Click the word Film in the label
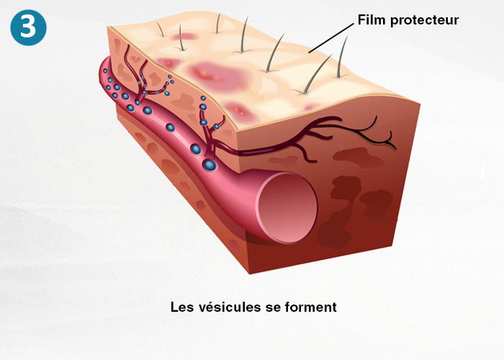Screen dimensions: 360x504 [372, 21]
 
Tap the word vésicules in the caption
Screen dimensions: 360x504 [230, 307]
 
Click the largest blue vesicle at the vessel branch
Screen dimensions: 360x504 [210, 166]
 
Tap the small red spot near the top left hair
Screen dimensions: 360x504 [186, 36]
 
